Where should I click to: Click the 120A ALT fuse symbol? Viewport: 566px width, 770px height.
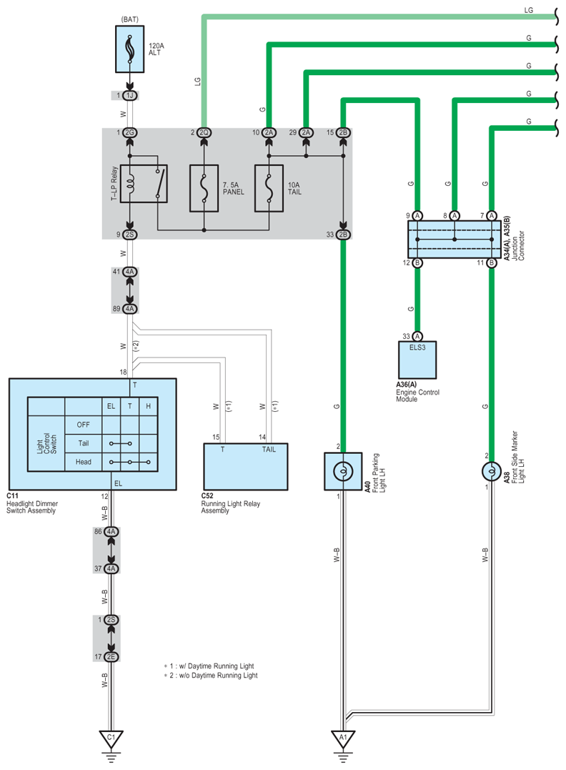click(x=129, y=49)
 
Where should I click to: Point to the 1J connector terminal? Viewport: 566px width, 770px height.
click(x=129, y=95)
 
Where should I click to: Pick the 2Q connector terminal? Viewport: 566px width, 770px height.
click(x=204, y=132)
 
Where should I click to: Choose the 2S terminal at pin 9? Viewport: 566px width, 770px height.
click(x=129, y=235)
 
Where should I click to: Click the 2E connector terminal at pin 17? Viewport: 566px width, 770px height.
click(x=111, y=656)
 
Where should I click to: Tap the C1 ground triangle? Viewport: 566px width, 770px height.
click(x=111, y=739)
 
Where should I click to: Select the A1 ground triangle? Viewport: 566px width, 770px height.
click(x=343, y=739)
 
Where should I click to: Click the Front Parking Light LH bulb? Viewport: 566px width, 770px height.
click(x=343, y=471)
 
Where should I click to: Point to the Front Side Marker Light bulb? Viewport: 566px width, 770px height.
click(x=492, y=471)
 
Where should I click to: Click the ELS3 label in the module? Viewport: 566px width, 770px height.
click(x=417, y=347)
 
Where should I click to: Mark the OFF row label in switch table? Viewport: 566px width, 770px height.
click(x=84, y=425)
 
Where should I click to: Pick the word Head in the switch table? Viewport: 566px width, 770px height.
click(x=84, y=462)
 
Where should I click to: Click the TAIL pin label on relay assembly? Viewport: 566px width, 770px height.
click(x=269, y=449)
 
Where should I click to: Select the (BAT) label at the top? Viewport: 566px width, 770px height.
click(x=129, y=19)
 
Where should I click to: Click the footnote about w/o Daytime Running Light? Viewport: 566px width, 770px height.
click(x=211, y=676)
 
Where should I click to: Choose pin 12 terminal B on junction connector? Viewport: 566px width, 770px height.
click(x=417, y=262)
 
